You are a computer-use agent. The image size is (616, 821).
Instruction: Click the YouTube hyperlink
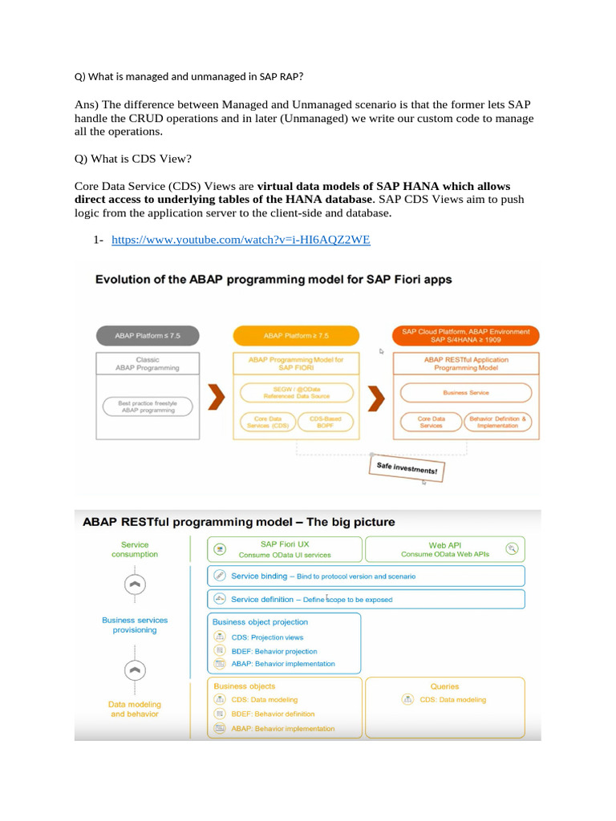(x=241, y=240)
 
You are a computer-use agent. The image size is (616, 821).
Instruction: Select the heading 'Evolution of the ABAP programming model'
(x=274, y=280)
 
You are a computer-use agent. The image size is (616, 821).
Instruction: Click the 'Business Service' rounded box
(x=465, y=393)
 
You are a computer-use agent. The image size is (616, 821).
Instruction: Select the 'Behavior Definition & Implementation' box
(x=499, y=422)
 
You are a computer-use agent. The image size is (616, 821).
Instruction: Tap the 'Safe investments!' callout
(x=406, y=469)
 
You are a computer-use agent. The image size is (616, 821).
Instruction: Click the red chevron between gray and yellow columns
(x=213, y=395)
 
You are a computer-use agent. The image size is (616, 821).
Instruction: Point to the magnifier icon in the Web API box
(x=513, y=548)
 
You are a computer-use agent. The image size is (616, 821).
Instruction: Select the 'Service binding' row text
(x=259, y=576)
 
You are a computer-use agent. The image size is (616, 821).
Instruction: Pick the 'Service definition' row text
(x=262, y=599)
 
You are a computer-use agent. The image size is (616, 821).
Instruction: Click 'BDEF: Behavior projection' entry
(x=274, y=651)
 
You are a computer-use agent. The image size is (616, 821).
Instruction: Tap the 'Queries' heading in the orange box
(x=444, y=686)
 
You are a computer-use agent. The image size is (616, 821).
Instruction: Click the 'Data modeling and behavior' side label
(x=134, y=709)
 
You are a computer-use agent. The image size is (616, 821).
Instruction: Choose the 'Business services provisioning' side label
(x=134, y=625)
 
